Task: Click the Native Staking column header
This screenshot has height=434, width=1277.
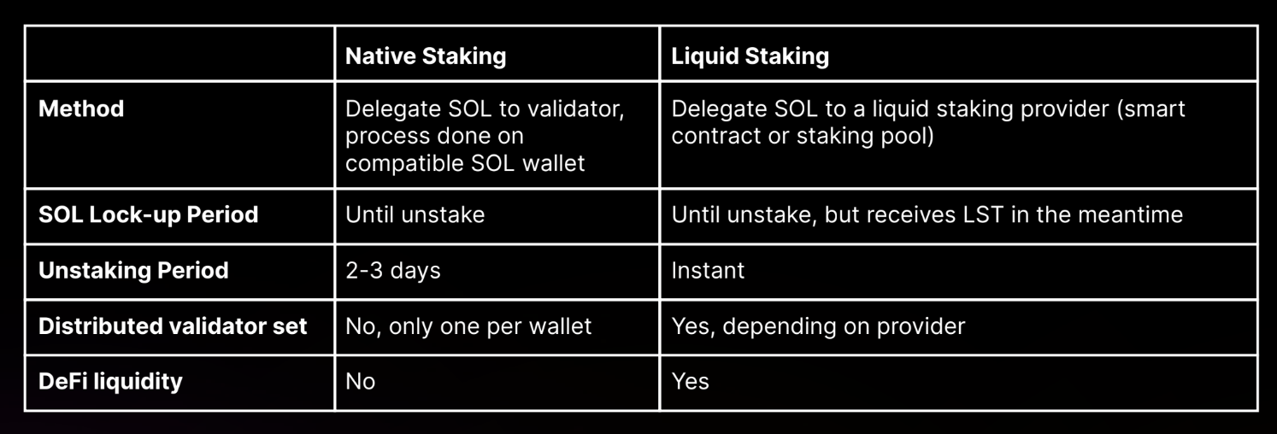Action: coord(426,56)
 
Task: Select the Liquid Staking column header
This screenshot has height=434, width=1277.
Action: coord(750,56)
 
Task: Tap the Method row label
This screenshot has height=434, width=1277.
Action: coord(81,108)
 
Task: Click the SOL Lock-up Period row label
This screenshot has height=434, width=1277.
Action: coord(148,214)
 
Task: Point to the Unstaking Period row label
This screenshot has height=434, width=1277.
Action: coord(133,271)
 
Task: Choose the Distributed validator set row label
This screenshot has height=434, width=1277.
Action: coord(173,326)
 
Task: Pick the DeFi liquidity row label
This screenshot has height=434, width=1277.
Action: coord(110,382)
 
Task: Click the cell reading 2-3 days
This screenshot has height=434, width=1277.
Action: coord(393,271)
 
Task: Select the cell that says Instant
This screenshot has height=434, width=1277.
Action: coord(708,271)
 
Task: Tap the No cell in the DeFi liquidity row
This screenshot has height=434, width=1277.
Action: coord(361,382)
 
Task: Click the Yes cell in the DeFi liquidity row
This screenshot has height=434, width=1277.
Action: coord(690,382)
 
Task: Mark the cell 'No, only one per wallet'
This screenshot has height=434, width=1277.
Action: coord(468,326)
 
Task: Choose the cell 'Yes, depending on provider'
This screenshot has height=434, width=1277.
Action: coord(818,326)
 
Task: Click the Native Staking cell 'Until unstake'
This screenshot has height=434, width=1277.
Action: coord(415,214)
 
